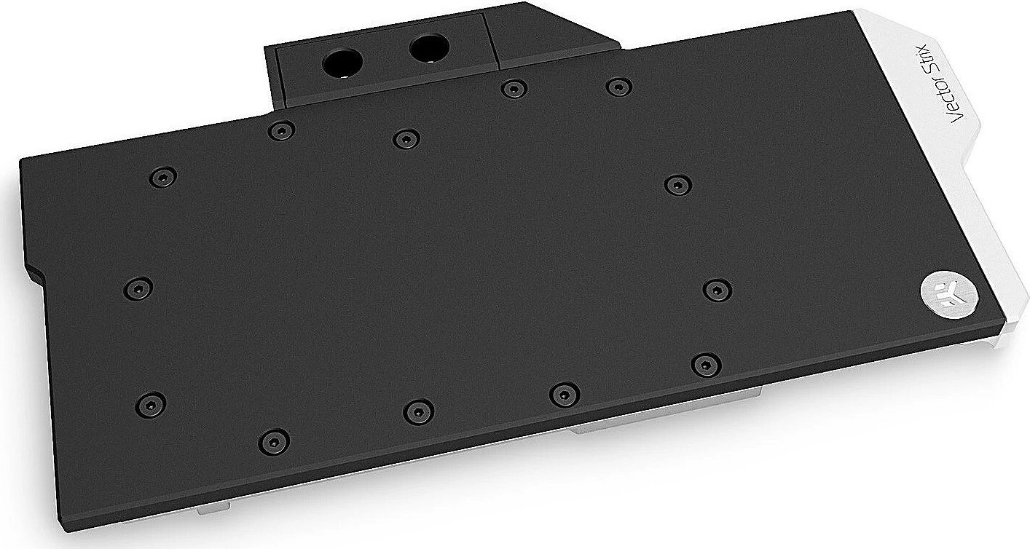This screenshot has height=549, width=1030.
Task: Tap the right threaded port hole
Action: [x=426, y=50]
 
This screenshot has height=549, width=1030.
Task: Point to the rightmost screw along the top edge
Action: [x=618, y=87]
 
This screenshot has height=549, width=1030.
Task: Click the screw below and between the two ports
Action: [x=406, y=138]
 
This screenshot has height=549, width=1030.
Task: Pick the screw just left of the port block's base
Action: [x=280, y=131]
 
